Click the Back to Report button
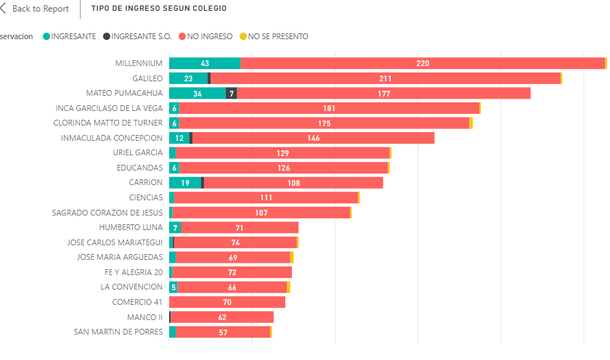click(36, 9)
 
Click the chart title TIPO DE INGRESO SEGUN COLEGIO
click(158, 9)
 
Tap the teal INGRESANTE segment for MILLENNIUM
click(205, 63)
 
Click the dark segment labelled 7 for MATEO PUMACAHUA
click(232, 94)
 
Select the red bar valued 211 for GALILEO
click(386, 78)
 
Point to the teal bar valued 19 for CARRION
click(185, 183)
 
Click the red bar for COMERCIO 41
click(227, 302)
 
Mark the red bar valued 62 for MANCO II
click(222, 317)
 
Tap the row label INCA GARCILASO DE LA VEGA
click(109, 108)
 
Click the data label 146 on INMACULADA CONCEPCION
click(314, 138)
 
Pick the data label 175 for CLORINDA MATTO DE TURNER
click(325, 123)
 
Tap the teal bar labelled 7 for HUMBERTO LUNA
click(175, 227)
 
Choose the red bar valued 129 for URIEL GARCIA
click(282, 153)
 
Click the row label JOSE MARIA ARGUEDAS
click(120, 257)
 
